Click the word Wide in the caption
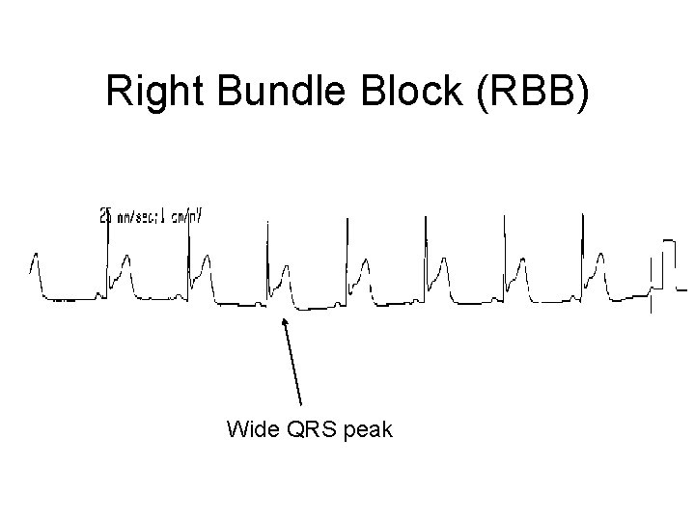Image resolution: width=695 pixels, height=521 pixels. [x=251, y=429]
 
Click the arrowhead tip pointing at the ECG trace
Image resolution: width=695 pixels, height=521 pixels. [x=283, y=319]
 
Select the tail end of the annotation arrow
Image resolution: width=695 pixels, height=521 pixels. [x=301, y=403]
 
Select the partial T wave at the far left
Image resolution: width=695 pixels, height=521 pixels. [x=36, y=262]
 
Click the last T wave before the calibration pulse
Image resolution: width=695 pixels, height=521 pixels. [x=600, y=262]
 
